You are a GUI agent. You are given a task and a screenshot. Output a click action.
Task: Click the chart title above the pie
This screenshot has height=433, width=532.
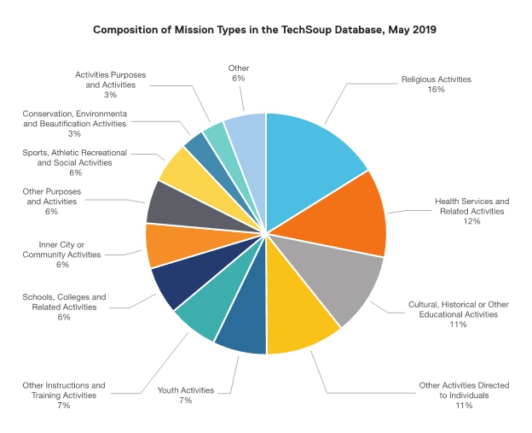click(x=265, y=30)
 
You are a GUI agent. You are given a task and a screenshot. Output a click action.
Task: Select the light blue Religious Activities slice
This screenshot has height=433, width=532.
click(x=311, y=154)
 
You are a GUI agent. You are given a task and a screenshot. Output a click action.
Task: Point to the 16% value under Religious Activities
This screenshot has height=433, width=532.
click(x=436, y=90)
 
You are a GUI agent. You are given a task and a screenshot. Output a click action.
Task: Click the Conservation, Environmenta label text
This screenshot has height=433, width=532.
click(x=75, y=114)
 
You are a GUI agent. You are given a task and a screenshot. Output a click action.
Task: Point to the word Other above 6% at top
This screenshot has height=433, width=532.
click(x=238, y=67)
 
